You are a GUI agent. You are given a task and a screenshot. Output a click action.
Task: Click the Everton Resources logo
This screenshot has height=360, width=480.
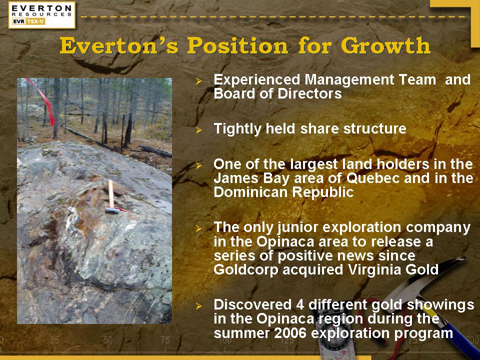coord(42,15)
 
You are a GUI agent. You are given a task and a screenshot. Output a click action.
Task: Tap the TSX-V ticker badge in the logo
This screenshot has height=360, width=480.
coord(35,21)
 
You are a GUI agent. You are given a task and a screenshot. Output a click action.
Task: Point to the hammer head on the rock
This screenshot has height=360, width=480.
coord(112,210)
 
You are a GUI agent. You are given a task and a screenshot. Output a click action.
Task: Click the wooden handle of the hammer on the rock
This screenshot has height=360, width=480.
coord(111,194)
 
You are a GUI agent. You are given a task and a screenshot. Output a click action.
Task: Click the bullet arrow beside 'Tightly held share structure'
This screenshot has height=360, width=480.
coord(199,130)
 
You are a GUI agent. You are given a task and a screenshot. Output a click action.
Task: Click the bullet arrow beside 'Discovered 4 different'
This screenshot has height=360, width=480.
coord(199,305)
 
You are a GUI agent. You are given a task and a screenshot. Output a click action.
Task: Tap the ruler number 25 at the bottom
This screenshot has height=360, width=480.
coord(54,340)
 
